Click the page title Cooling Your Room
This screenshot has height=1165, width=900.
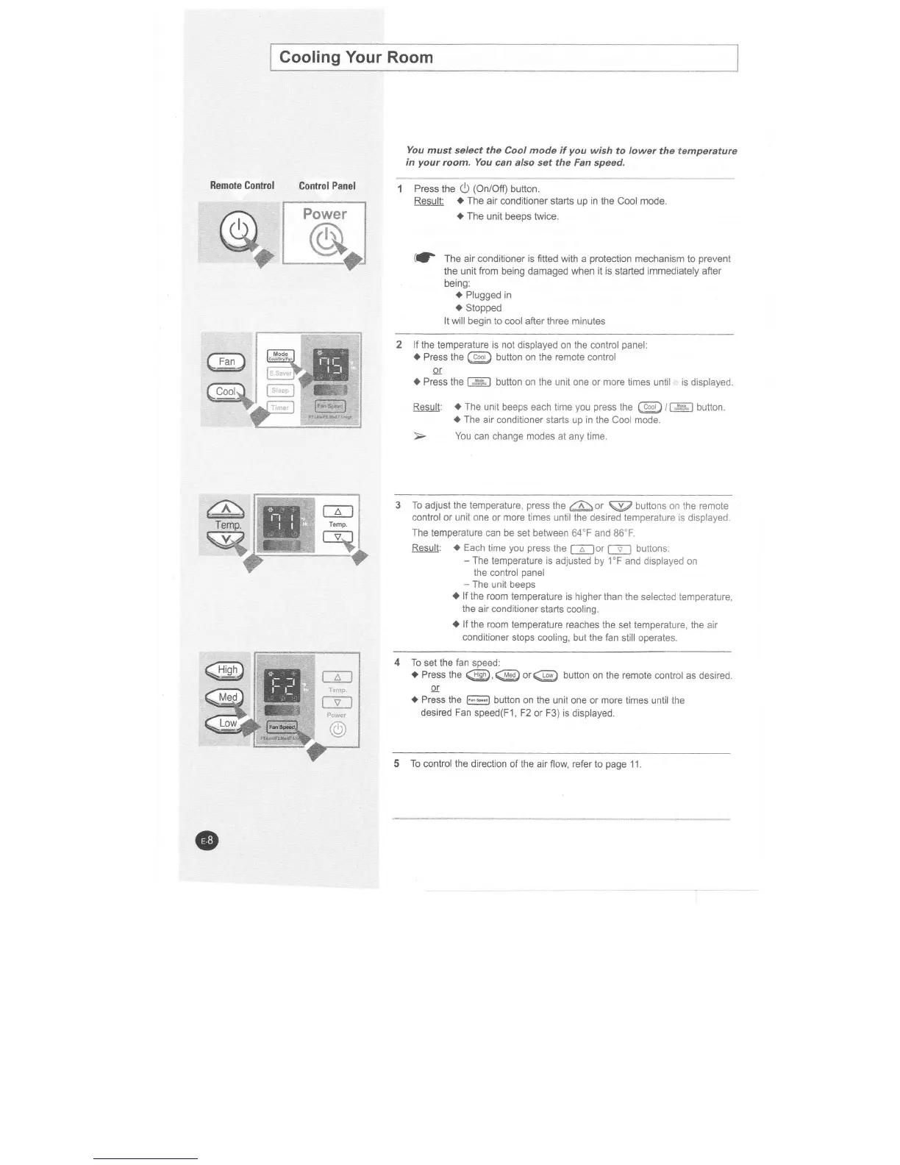click(356, 57)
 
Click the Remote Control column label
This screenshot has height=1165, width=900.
click(242, 185)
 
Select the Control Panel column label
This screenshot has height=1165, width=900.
click(327, 185)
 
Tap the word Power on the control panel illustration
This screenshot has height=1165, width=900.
click(324, 214)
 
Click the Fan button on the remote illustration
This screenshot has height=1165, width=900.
click(226, 361)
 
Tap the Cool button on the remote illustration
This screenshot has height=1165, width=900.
click(226, 391)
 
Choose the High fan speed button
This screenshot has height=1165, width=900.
click(226, 669)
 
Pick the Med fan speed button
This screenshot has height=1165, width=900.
click(226, 696)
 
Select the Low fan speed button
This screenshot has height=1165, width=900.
click(226, 723)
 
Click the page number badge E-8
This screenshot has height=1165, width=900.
click(208, 840)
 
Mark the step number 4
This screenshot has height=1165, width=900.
click(398, 662)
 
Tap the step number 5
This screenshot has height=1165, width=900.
click(397, 763)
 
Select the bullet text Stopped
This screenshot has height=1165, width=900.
click(483, 308)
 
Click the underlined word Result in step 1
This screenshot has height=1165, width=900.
click(429, 202)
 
